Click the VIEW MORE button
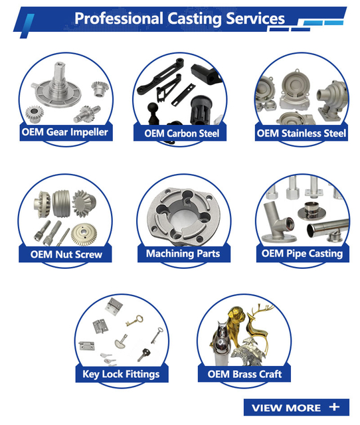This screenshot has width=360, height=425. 296,407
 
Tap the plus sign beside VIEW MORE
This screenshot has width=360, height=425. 334,406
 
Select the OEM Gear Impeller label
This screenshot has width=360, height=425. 65,132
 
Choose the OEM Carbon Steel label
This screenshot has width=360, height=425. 181,133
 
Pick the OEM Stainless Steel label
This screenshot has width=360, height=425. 301,133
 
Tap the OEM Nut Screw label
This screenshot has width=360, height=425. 66,254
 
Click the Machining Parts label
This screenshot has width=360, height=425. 183,254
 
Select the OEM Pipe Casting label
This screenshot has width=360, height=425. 302,254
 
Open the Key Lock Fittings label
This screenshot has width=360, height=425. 121,374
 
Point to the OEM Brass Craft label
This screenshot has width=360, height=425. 244,374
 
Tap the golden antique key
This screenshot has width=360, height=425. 135,320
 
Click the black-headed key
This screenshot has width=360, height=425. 143,354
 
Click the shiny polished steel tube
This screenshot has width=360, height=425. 327,228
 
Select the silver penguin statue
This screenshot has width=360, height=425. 221,342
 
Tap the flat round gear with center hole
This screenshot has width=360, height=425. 84,234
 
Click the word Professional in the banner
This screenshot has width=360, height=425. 119,19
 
